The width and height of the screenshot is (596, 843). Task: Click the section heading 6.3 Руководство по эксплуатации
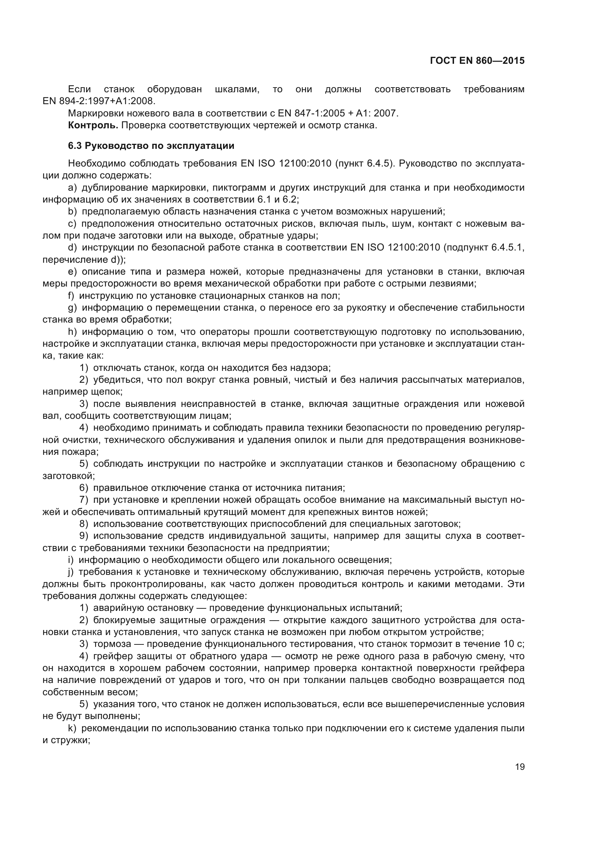(x=151, y=146)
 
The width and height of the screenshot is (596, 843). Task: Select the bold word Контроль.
(x=93, y=125)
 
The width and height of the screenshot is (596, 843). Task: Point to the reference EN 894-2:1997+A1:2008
(x=99, y=101)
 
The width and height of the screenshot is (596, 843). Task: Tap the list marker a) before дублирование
(x=72, y=188)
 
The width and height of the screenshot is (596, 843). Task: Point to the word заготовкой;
(x=68, y=476)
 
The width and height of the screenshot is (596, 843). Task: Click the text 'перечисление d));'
(x=84, y=259)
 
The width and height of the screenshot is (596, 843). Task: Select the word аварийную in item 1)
(x=118, y=608)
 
